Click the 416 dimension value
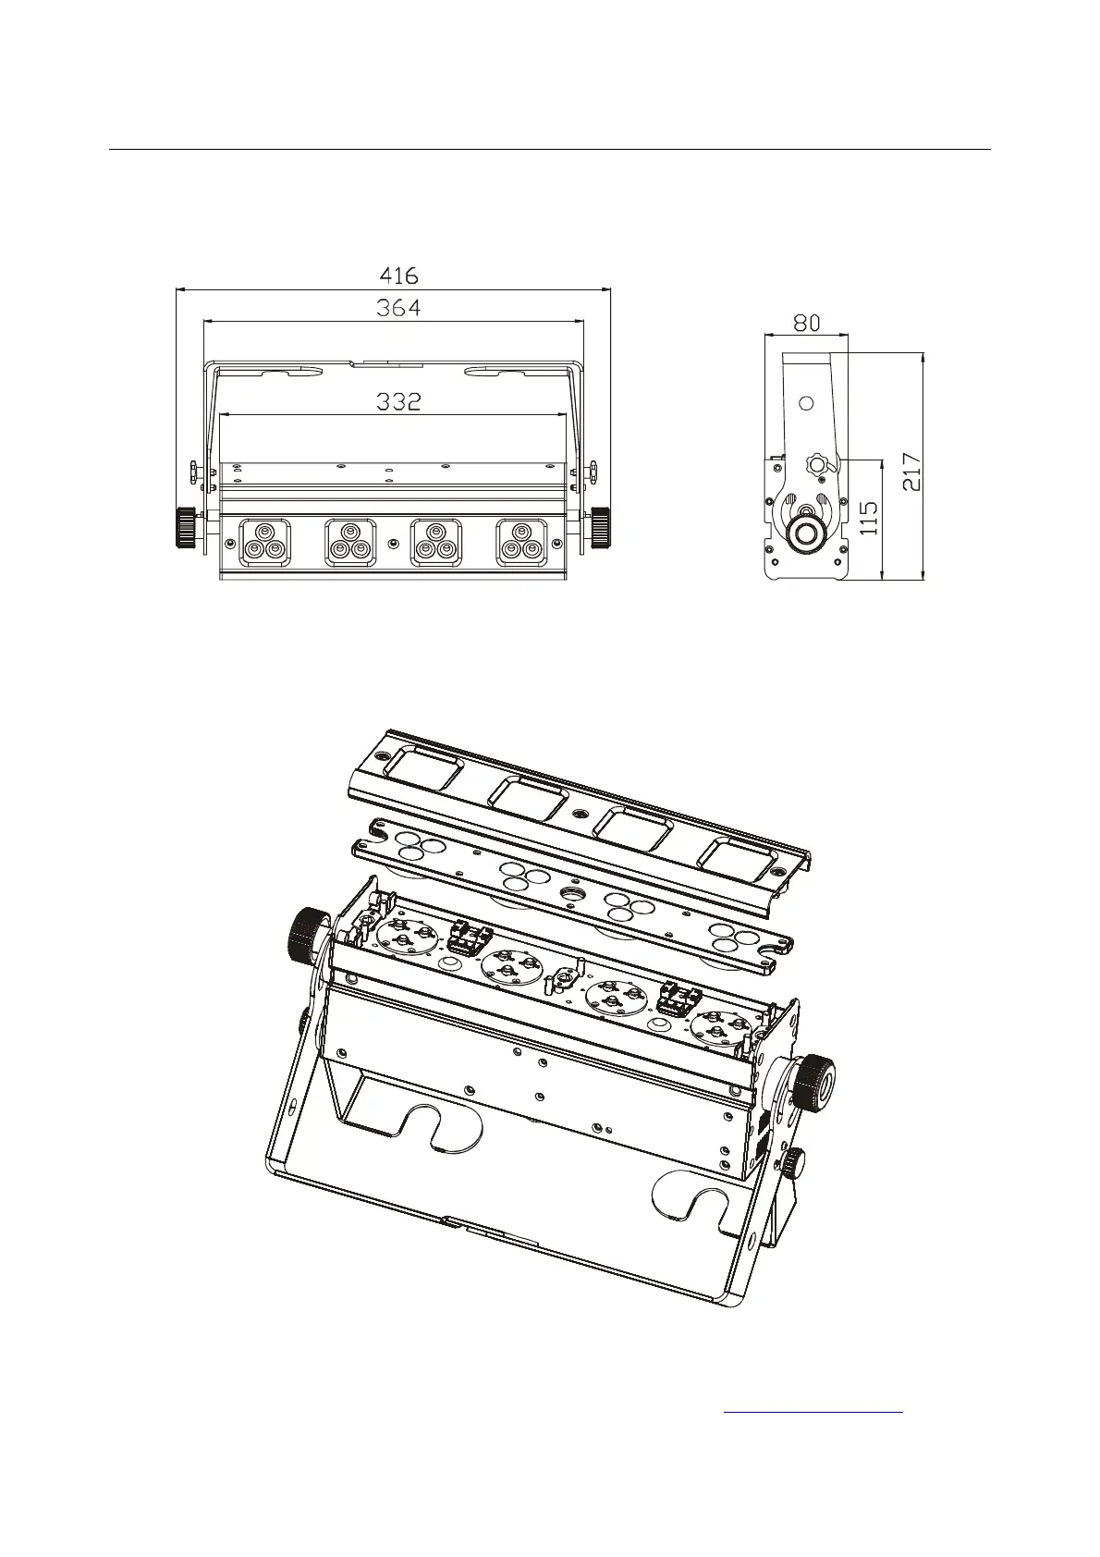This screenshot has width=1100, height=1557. tap(398, 276)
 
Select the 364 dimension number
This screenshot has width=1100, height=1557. tap(398, 307)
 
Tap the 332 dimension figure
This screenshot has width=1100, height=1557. tap(398, 401)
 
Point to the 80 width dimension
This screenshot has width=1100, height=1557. tap(806, 323)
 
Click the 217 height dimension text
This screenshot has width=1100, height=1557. tap(911, 472)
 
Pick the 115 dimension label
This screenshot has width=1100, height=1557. tap(869, 518)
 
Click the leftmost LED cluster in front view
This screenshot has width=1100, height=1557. tap(264, 543)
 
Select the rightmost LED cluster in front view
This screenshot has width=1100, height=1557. tap(521, 543)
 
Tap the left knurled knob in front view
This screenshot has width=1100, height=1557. tap(184, 528)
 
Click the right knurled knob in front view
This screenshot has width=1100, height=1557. tap(601, 528)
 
